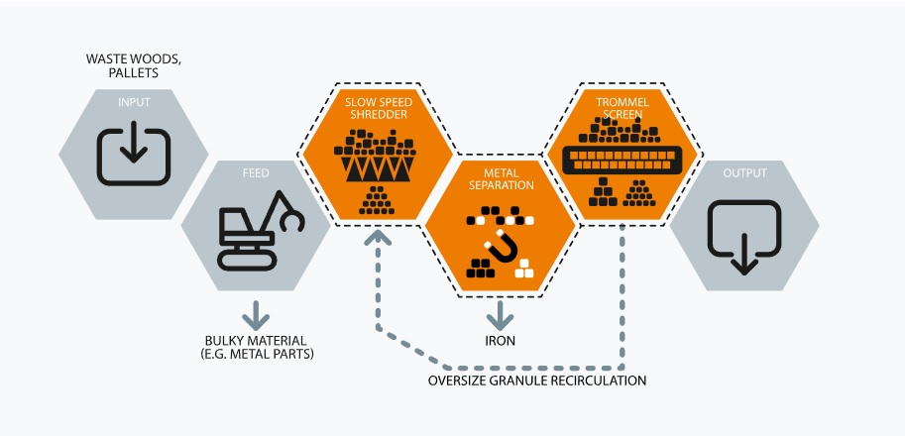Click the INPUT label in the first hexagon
134,102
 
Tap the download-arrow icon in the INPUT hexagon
134,153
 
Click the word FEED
257,173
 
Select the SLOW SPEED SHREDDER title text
380,109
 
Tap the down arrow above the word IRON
500,315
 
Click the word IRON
500,342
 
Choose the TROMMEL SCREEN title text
622,107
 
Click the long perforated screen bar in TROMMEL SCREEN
622,160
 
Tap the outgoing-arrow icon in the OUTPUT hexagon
744,235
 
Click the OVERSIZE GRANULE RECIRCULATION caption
536,380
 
